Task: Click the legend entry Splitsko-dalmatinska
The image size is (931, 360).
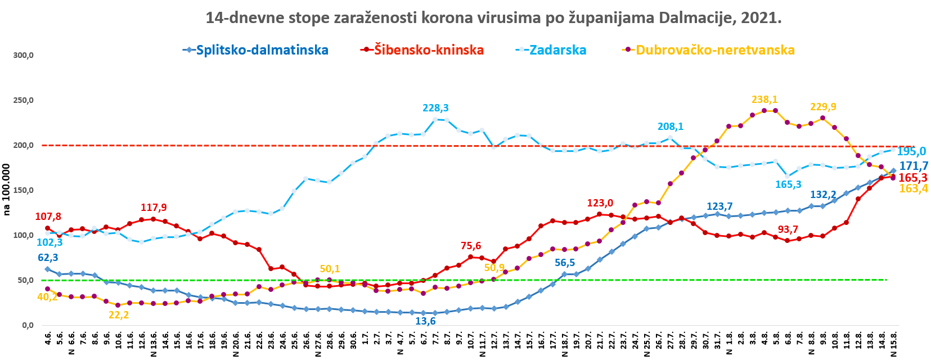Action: pos(262,50)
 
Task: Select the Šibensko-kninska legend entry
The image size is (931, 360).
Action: pos(429,50)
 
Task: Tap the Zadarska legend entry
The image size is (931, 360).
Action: pos(557,50)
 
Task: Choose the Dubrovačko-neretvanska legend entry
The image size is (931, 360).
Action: pos(715,50)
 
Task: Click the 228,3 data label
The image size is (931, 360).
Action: pos(436,108)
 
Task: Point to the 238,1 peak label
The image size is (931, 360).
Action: pos(764,100)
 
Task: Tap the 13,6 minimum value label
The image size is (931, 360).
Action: pos(425,321)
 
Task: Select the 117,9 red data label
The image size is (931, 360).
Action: pos(154,208)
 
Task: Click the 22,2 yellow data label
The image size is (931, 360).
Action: pos(119,315)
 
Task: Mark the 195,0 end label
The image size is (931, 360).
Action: pos(911,151)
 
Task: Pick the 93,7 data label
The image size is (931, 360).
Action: pos(788,229)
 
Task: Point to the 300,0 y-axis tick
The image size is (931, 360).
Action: pos(24,56)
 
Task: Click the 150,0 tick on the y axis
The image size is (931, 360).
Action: pos(24,191)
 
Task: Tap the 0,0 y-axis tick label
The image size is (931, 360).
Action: pos(28,326)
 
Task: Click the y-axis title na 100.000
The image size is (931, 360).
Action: pos(7,190)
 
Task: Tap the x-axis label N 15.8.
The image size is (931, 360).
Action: pos(894,344)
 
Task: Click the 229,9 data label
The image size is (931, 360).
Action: pos(823,107)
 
